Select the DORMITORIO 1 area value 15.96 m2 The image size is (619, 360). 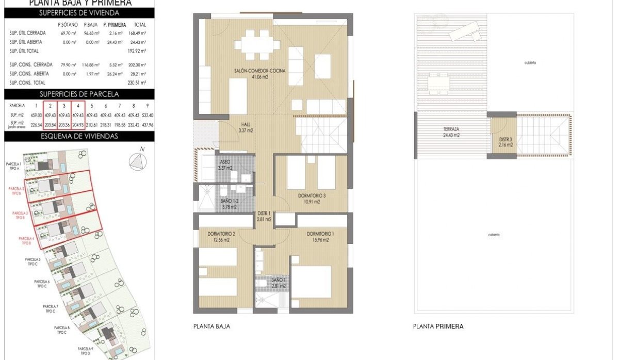pos(320,240)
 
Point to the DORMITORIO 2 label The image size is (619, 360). pos(221,234)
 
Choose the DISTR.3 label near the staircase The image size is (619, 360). pos(506,139)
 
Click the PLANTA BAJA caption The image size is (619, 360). pos(211,326)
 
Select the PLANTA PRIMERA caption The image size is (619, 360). pos(438,326)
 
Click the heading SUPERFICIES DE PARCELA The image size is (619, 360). pos(79,94)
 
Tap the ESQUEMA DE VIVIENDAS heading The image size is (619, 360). pos(79,137)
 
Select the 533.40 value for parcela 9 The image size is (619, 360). pos(148,115)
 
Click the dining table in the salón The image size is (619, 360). pos(256,43)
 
